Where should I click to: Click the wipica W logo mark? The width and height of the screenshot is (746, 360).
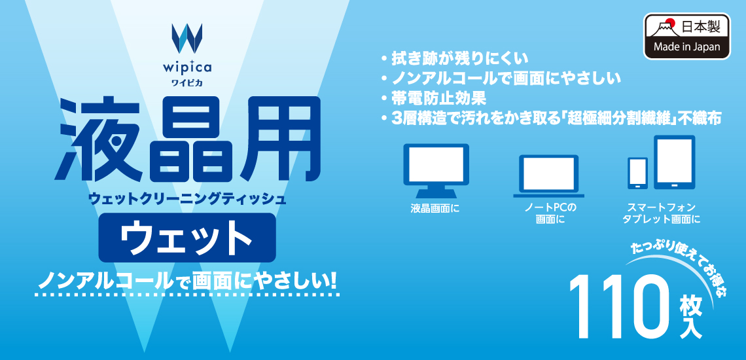click(x=187, y=37)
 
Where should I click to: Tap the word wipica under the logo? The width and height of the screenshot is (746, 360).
click(x=187, y=67)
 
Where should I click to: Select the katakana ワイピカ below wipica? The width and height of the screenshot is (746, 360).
click(x=187, y=82)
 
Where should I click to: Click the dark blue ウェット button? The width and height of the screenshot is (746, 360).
click(x=187, y=238)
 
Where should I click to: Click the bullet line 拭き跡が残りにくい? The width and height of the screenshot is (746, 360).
click(x=453, y=58)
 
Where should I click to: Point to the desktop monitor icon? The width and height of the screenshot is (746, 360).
click(x=436, y=170)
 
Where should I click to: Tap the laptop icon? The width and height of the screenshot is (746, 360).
click(x=548, y=176)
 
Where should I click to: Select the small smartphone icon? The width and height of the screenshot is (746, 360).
click(x=637, y=173)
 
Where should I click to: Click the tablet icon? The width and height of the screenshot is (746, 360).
click(x=674, y=162)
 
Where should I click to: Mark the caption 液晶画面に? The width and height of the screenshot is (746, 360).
click(x=435, y=208)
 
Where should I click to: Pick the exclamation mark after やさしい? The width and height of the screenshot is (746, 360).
click(x=332, y=281)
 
